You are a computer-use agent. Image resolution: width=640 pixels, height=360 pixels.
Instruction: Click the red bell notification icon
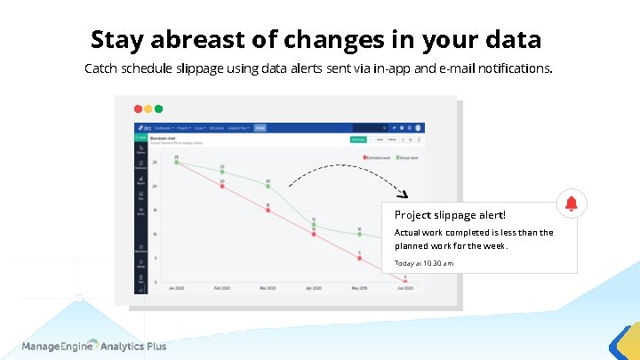coord(570,204)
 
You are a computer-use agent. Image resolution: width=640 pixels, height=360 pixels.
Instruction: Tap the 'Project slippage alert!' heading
coord(450,214)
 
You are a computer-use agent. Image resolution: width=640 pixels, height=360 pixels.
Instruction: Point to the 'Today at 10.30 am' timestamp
coord(424,263)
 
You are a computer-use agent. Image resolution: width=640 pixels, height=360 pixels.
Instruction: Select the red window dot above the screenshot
coord(139,108)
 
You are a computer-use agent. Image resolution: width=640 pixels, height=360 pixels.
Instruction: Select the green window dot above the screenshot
coord(159,108)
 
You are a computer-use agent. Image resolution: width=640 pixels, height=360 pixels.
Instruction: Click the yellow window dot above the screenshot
coord(148,108)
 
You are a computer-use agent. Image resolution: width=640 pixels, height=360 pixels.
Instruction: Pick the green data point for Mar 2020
coord(268,186)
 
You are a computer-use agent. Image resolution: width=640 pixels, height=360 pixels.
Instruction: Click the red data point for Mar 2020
coord(268,210)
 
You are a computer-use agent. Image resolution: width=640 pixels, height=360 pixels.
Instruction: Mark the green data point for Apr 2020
coord(313,223)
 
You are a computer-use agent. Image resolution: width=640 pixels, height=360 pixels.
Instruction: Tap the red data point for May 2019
coord(359,258)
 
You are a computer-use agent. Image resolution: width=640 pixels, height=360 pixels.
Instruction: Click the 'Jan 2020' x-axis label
coord(176,289)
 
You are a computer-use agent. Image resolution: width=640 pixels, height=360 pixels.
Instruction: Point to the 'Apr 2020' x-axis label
coord(313,289)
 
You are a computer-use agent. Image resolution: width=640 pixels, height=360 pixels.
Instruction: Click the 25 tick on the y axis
coord(155,163)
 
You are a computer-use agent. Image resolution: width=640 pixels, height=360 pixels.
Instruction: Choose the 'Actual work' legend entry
coord(409,157)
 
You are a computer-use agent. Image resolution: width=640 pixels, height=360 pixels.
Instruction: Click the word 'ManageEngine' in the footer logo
coord(59,346)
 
